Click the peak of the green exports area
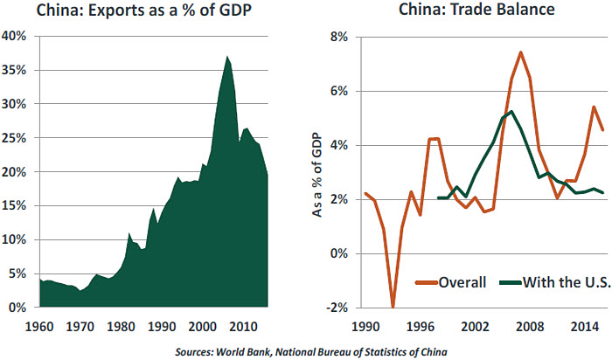227,57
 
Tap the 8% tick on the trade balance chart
337,37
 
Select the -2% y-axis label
336,308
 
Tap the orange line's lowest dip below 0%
393,307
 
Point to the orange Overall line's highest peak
520,52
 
